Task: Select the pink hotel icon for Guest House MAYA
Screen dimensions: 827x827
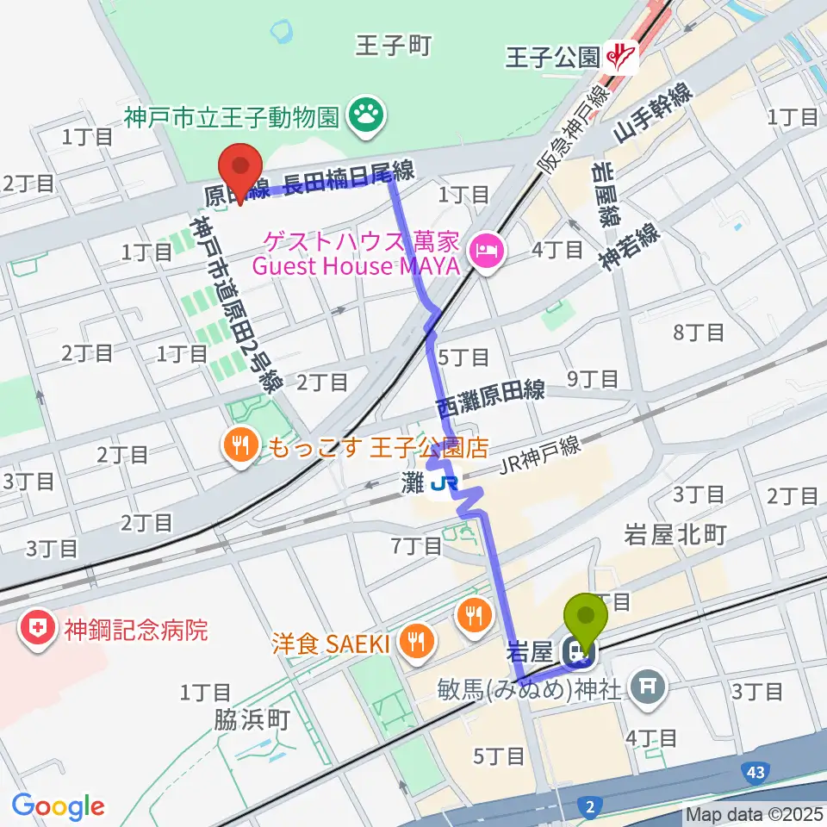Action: click(486, 253)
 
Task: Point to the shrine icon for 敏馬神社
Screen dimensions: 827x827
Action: click(646, 686)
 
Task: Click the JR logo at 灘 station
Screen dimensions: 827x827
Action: click(443, 486)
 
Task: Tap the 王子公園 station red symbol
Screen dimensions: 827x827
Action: click(621, 58)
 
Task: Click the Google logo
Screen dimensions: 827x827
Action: click(58, 806)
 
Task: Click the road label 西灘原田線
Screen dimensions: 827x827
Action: click(490, 396)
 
